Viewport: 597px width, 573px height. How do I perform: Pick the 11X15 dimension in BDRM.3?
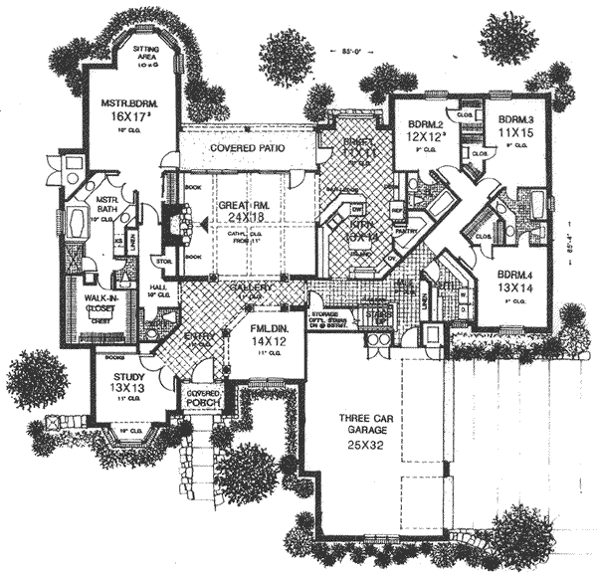(x=515, y=130)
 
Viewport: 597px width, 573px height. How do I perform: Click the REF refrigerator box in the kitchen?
(x=396, y=211)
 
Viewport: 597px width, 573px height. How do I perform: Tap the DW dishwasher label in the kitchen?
(x=356, y=209)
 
